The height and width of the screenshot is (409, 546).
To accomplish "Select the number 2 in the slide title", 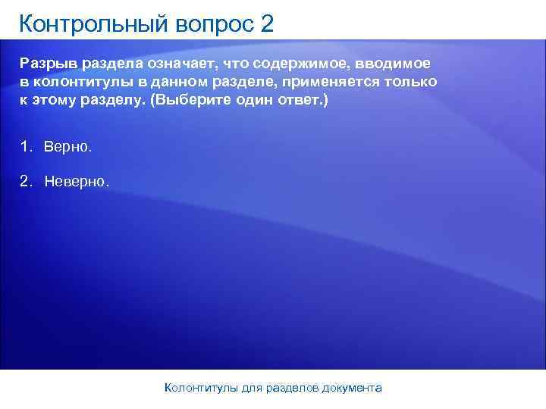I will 266,24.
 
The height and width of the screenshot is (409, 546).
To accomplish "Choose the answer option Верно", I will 67,145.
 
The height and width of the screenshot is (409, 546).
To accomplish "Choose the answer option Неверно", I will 77,182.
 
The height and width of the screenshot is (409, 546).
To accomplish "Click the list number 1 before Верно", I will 26,145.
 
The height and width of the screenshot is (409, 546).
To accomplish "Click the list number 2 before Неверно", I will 26,182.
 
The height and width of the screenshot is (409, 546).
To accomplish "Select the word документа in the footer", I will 351,388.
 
